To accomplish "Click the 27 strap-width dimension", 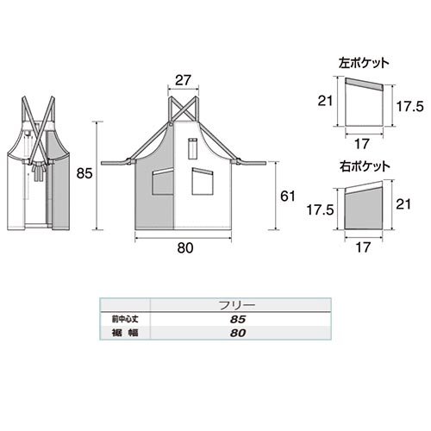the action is pyautogui.click(x=183, y=80).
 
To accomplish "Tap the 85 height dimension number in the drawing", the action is pyautogui.click(x=84, y=173).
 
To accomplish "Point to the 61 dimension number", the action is pyautogui.click(x=288, y=197).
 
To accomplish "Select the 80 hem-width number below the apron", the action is pyautogui.click(x=185, y=248).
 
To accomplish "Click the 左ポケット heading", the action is pyautogui.click(x=364, y=63).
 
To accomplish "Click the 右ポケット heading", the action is pyautogui.click(x=365, y=167).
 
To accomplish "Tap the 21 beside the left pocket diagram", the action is pyautogui.click(x=325, y=101).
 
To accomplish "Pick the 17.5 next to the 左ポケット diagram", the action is pyautogui.click(x=410, y=107).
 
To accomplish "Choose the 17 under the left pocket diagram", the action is pyautogui.click(x=362, y=144).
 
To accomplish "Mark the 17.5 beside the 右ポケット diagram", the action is pyautogui.click(x=320, y=210).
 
